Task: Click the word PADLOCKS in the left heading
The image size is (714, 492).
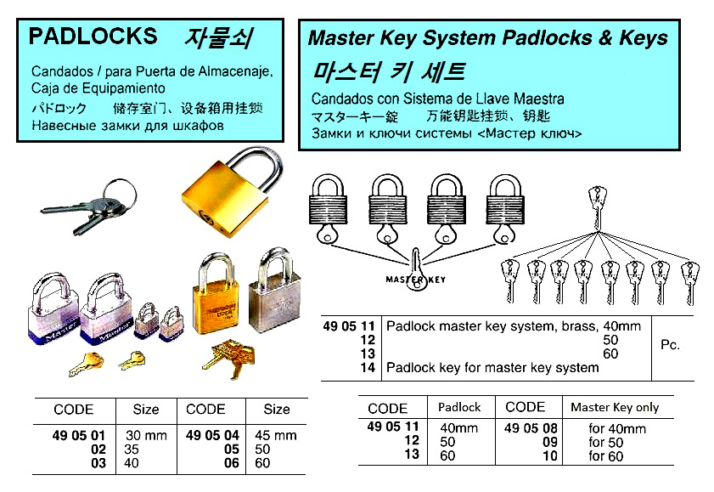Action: click(x=93, y=36)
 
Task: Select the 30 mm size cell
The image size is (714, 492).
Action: click(x=146, y=434)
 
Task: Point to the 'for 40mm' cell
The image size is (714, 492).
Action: click(x=617, y=429)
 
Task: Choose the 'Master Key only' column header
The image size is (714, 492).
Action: click(x=614, y=407)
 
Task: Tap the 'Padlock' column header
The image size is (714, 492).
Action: click(x=459, y=407)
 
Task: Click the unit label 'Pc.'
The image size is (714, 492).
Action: click(x=670, y=346)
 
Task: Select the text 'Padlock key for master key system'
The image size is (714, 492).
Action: click(x=492, y=367)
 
